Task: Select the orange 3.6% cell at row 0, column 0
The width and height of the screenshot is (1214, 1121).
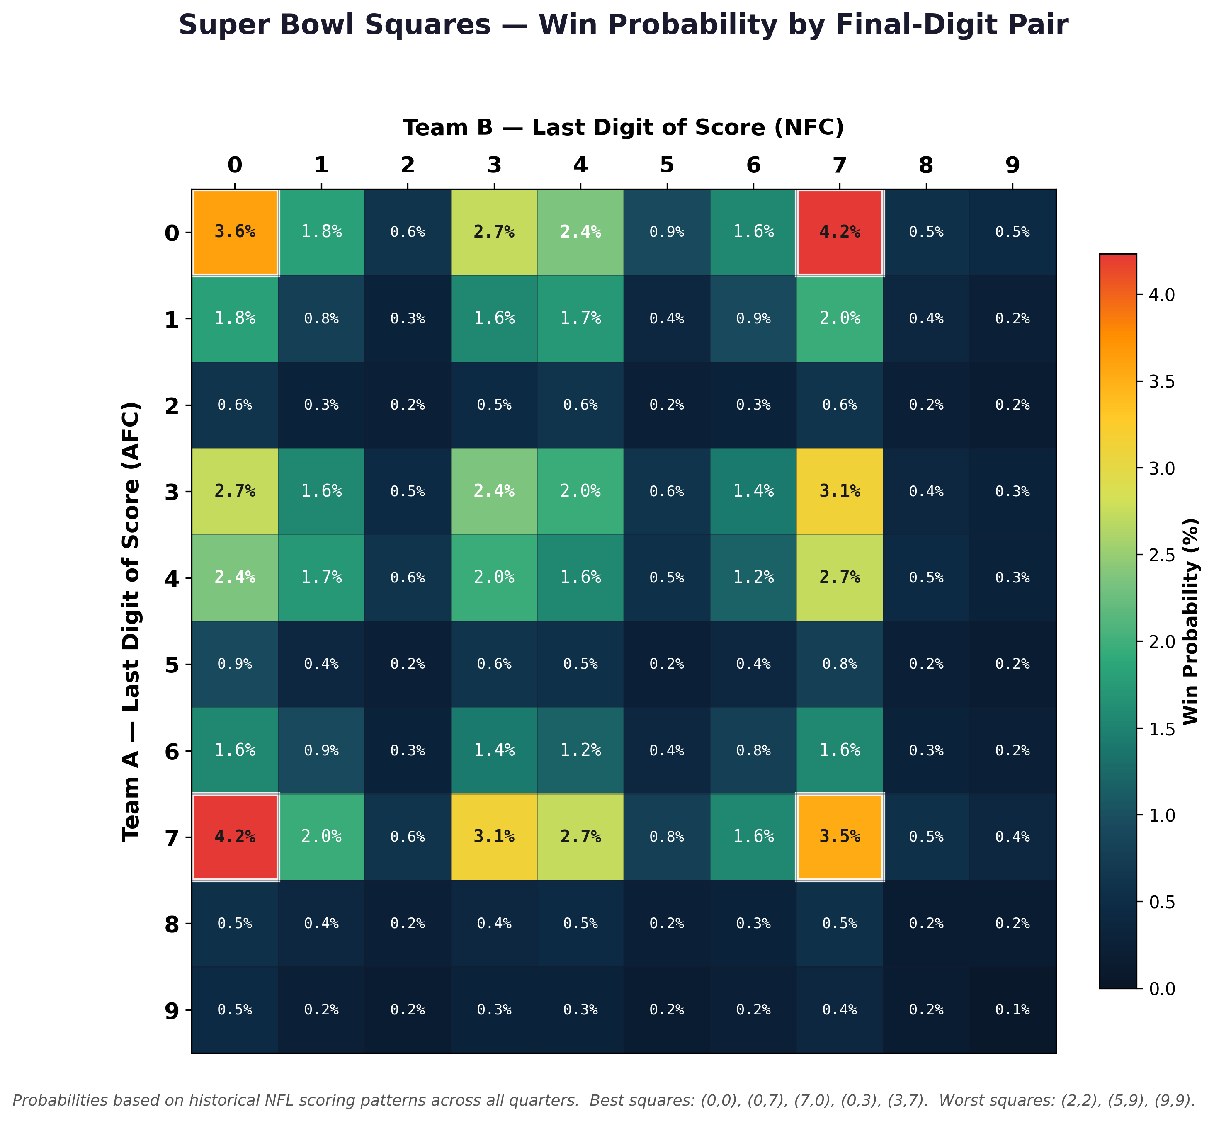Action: (x=235, y=232)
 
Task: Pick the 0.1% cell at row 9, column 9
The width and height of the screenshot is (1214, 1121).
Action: (x=1012, y=1010)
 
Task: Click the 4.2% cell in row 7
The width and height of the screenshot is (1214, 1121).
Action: (x=235, y=837)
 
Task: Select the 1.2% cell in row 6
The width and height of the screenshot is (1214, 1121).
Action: (x=580, y=751)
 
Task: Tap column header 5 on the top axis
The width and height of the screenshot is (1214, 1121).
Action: (x=667, y=165)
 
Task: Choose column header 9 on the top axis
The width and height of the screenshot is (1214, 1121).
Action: (x=1012, y=165)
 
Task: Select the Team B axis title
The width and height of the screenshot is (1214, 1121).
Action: (x=624, y=128)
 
